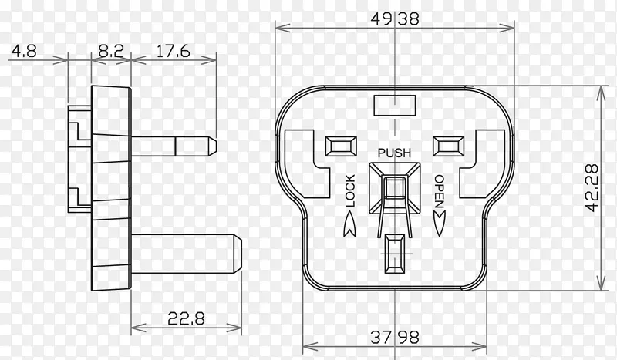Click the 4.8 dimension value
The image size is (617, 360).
pos(24,51)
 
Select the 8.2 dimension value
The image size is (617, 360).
pos(111,51)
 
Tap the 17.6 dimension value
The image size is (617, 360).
pos(173,51)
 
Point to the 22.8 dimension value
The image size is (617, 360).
pos(186,318)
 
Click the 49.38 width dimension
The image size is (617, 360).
pos(395,19)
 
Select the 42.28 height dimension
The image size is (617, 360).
pos(592,188)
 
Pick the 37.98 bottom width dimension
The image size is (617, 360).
pos(395,337)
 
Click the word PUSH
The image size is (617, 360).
pos(394,153)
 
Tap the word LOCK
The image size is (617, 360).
pos(350,191)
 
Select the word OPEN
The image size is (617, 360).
pos(439,192)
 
